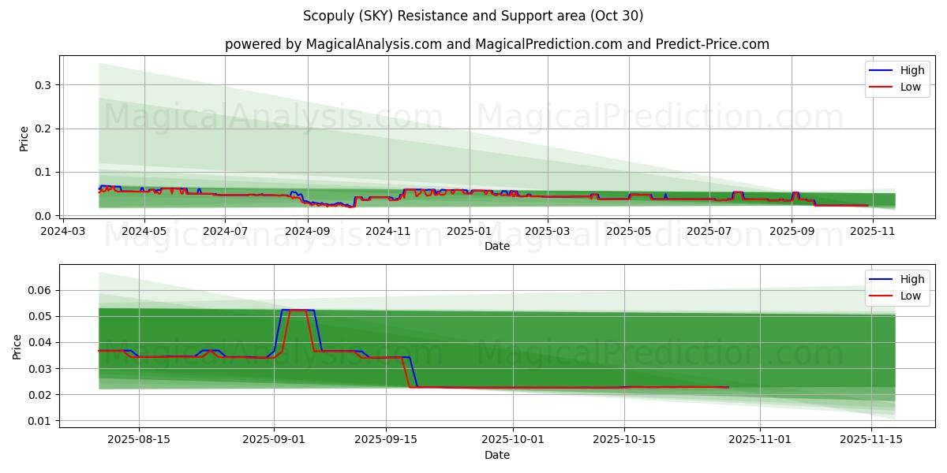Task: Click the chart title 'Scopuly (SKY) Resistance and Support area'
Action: click(473, 16)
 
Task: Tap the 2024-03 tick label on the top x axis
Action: click(63, 232)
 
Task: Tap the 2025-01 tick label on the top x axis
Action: click(470, 232)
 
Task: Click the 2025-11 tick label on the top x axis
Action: click(873, 232)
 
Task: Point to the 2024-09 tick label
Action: click(306, 232)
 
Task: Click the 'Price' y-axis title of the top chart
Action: click(24, 139)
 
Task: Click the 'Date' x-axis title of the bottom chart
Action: click(497, 455)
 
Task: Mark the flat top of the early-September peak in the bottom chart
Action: click(298, 310)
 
